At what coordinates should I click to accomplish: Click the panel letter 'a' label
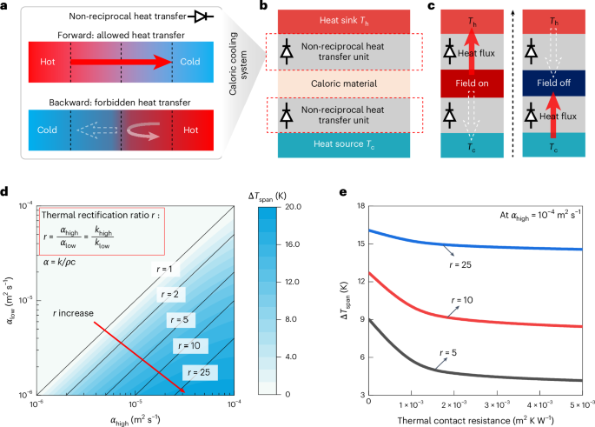[x=6, y=7]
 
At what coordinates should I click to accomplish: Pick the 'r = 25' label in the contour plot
[x=199, y=371]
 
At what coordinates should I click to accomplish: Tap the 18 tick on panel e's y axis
[x=358, y=206]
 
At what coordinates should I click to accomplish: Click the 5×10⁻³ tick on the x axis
[x=581, y=404]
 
